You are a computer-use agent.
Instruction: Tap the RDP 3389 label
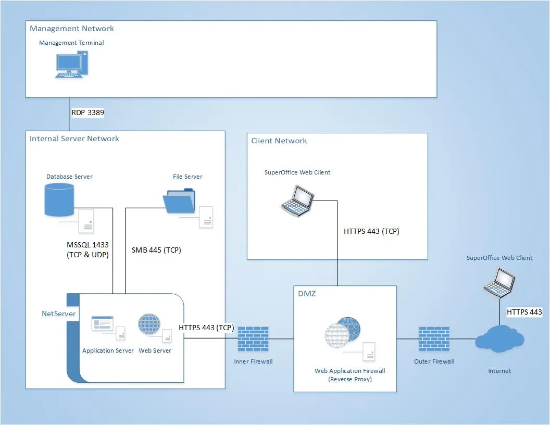[x=87, y=112]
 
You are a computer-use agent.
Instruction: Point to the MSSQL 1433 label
[x=86, y=249]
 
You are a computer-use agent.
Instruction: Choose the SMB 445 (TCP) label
[x=156, y=250]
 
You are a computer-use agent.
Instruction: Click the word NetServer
[x=58, y=314]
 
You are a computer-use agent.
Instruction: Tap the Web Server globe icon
[x=149, y=324]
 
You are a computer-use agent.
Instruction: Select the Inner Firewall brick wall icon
[x=253, y=339]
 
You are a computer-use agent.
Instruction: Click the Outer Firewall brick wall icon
[x=434, y=339]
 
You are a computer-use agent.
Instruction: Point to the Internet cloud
[x=499, y=339]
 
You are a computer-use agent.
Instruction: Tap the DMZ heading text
[x=307, y=294]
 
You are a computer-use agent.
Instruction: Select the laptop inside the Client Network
[x=297, y=200]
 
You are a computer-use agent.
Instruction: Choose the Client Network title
[x=279, y=141]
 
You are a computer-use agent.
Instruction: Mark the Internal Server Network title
[x=74, y=139]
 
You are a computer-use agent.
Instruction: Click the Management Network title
[x=72, y=29]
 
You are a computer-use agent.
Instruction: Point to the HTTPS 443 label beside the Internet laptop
[x=524, y=312]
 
